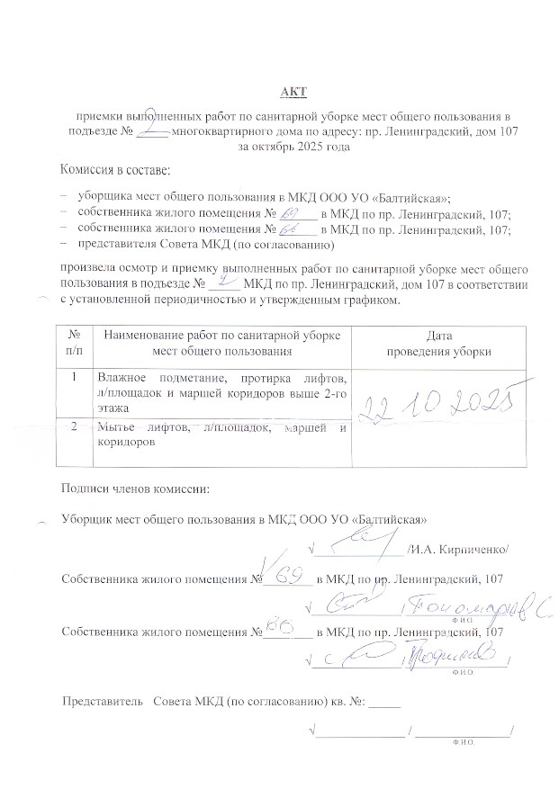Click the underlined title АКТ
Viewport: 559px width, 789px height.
pyautogui.click(x=294, y=93)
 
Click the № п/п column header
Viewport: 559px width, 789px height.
pyautogui.click(x=74, y=343)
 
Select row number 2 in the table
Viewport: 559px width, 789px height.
pyautogui.click(x=74, y=427)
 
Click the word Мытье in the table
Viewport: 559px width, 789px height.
pyautogui.click(x=116, y=427)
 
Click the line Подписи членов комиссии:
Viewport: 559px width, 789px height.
pyautogui.click(x=133, y=489)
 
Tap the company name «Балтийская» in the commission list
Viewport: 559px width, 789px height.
pyautogui.click(x=412, y=195)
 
